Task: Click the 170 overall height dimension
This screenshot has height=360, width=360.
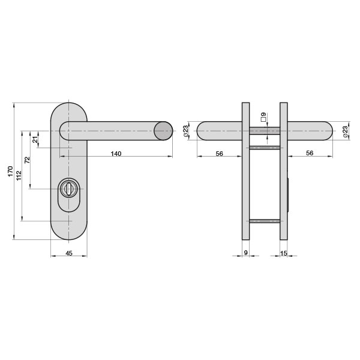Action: pos(11,171)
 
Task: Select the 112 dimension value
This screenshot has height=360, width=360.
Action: pos(19,176)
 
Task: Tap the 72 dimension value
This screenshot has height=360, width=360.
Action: pos(28,160)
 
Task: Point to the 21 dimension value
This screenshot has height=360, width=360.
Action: pos(35,140)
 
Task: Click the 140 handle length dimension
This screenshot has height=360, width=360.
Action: pos(116,154)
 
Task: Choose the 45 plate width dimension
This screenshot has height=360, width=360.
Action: pos(69,253)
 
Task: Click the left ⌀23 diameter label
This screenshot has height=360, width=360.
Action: pos(186,131)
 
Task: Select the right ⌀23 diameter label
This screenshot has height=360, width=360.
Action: pos(345,131)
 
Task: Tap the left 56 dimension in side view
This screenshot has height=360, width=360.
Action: pos(219,154)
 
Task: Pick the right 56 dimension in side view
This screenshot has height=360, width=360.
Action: pos(310,153)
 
